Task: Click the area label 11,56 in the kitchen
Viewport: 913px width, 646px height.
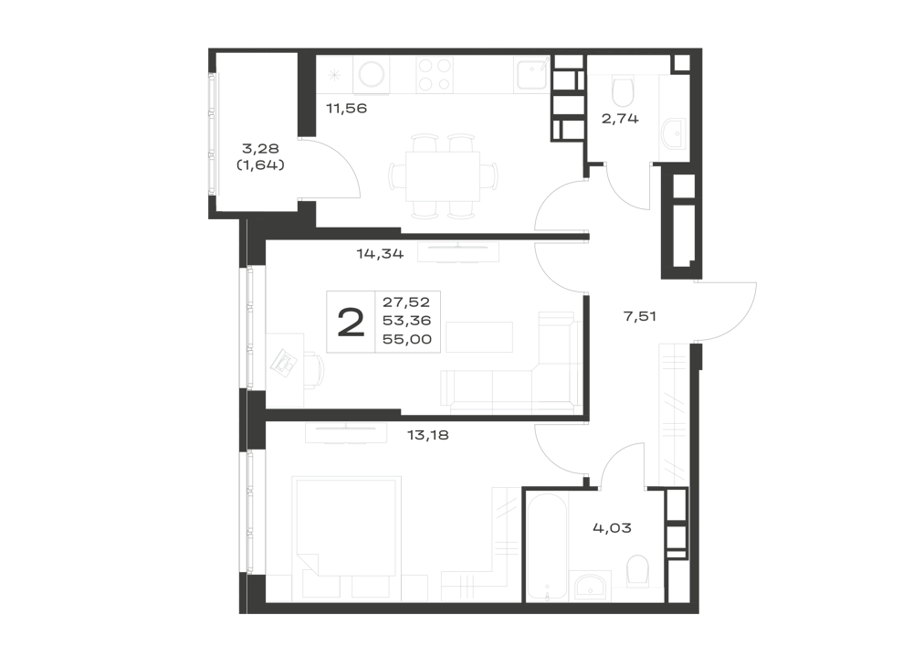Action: click(x=346, y=109)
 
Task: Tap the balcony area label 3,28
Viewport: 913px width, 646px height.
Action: click(x=260, y=149)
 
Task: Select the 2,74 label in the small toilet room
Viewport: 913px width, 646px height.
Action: click(x=620, y=119)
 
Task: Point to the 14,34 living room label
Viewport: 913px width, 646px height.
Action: click(x=380, y=254)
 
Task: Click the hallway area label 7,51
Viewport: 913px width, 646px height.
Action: click(x=640, y=316)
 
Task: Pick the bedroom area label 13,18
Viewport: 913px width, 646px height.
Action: click(x=428, y=435)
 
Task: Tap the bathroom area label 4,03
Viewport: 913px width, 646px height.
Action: click(x=612, y=528)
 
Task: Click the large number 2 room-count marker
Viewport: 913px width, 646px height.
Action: click(x=352, y=323)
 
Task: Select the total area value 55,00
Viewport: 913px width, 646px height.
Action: click(x=407, y=339)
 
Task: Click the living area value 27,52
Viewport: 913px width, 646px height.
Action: click(x=406, y=302)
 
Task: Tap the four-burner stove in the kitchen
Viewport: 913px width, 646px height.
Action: click(x=435, y=75)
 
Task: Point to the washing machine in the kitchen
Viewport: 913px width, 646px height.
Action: click(x=371, y=75)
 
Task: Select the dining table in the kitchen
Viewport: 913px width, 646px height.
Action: click(x=443, y=176)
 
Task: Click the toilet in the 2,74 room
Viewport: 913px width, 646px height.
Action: click(x=623, y=90)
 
